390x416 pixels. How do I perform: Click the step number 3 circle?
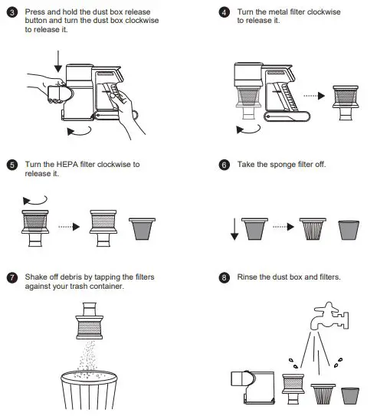pyautogui.click(x=12, y=12)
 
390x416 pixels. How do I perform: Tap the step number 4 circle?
pyautogui.click(x=224, y=12)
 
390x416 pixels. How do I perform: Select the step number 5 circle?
pyautogui.click(x=12, y=165)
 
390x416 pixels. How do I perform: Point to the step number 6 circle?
pyautogui.click(x=224, y=165)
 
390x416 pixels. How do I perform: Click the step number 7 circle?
pyautogui.click(x=12, y=277)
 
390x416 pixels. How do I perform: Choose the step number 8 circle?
pyautogui.click(x=224, y=277)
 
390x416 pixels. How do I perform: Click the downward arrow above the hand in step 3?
pyautogui.click(x=58, y=61)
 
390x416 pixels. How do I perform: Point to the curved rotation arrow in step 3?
pyautogui.click(x=80, y=132)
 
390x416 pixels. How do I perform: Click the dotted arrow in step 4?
pyautogui.click(x=314, y=96)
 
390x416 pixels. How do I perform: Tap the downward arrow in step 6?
pyautogui.click(x=234, y=229)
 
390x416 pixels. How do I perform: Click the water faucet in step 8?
pyautogui.click(x=329, y=316)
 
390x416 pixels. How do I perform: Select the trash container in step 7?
pyautogui.click(x=89, y=390)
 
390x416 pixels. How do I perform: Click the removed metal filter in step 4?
pyautogui.click(x=346, y=103)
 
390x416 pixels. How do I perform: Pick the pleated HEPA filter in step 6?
pyautogui.click(x=313, y=229)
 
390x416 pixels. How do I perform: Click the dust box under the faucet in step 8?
pyautogui.click(x=253, y=388)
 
